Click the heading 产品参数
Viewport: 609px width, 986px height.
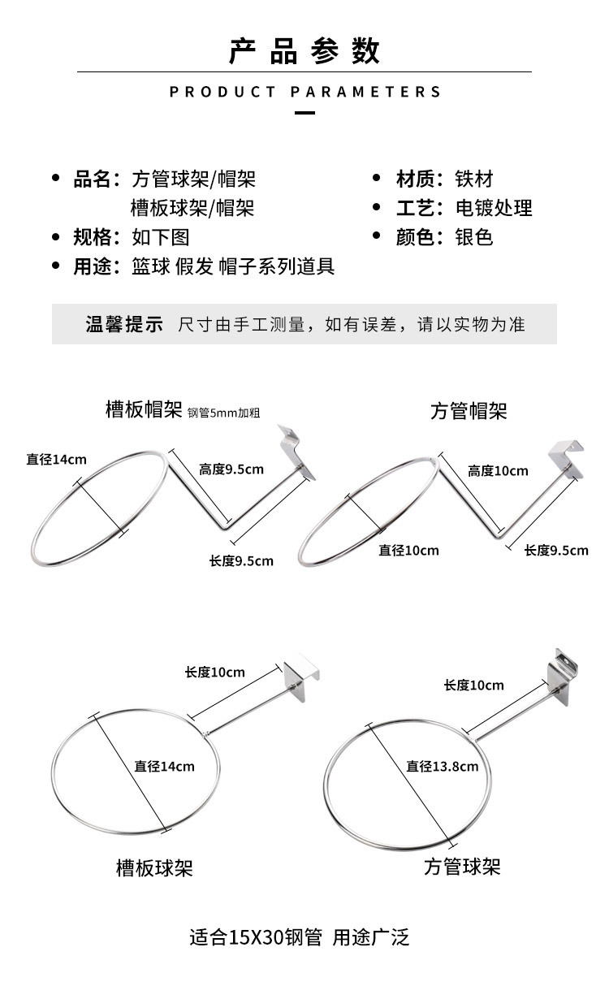pyautogui.click(x=304, y=51)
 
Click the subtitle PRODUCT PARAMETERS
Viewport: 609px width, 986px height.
pyautogui.click(x=304, y=92)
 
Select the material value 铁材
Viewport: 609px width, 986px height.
pyautogui.click(x=473, y=179)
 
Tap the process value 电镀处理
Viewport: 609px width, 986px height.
pyautogui.click(x=494, y=208)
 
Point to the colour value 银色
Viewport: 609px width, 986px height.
pyautogui.click(x=473, y=237)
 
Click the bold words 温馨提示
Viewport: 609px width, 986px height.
pyautogui.click(x=124, y=324)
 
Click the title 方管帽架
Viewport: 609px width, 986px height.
pyautogui.click(x=469, y=411)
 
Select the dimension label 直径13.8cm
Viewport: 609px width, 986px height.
pyautogui.click(x=443, y=766)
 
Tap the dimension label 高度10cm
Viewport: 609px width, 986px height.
pyautogui.click(x=498, y=471)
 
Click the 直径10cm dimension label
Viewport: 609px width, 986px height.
pyautogui.click(x=408, y=551)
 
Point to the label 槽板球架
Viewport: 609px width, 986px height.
pyautogui.click(x=154, y=868)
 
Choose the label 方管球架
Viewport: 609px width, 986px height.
pyautogui.click(x=462, y=867)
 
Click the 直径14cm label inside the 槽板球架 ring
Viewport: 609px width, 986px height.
pyautogui.click(x=165, y=766)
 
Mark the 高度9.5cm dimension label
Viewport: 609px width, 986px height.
pyautogui.click(x=231, y=469)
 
